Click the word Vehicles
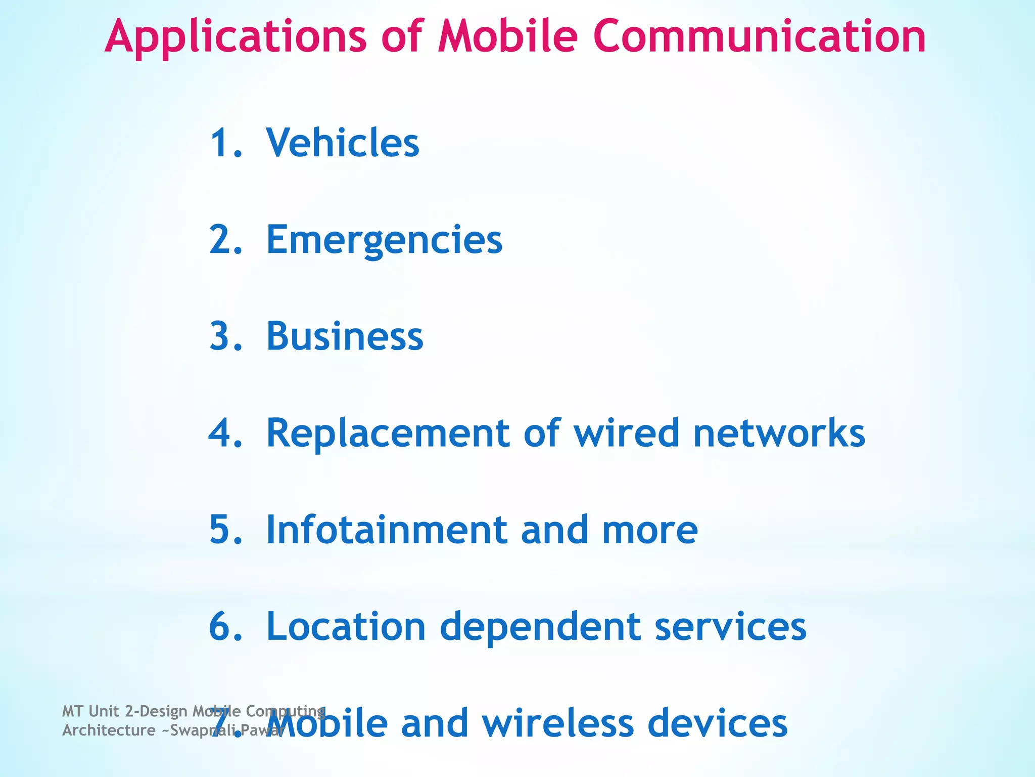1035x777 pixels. click(343, 143)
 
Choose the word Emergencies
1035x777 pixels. click(384, 240)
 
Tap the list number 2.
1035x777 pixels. click(225, 240)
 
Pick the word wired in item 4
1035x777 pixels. click(626, 433)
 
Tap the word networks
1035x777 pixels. click(779, 433)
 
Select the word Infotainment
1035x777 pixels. click(387, 530)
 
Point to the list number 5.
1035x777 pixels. click(225, 530)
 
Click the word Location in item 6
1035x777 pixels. click(346, 626)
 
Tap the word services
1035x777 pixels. click(730, 626)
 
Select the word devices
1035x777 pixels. click(717, 723)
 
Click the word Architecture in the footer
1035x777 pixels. click(109, 730)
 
